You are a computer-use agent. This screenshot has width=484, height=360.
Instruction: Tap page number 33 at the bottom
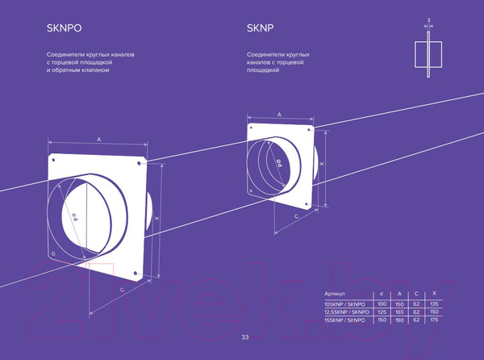(245, 337)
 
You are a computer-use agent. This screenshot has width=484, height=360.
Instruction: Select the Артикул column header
(334, 293)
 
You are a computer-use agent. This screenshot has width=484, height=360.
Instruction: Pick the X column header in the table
(434, 293)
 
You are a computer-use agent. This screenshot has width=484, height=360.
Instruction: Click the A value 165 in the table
(398, 312)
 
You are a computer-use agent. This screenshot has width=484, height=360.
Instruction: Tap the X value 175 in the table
(434, 321)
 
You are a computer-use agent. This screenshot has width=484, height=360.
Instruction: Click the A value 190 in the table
(398, 321)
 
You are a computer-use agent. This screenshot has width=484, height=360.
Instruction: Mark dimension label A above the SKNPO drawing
(98, 140)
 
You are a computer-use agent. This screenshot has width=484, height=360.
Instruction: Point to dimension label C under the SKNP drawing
(296, 216)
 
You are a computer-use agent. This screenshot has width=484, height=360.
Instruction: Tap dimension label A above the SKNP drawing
(279, 115)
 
